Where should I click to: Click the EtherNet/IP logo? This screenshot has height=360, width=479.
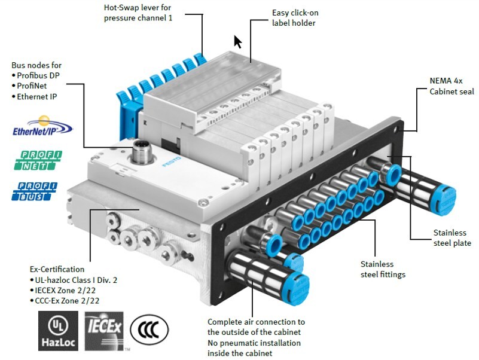coord(42,126)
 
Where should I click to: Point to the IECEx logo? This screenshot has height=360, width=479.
coord(104,330)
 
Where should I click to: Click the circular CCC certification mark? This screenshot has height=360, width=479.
coord(149,330)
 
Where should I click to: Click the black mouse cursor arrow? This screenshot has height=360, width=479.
coord(238,42)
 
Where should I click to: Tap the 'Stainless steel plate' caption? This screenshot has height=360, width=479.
coord(452,237)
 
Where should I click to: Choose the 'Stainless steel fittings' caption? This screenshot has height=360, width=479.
coord(383,269)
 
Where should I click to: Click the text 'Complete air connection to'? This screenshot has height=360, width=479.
coord(256,322)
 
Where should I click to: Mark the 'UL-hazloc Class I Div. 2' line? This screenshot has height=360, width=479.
coord(75,280)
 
